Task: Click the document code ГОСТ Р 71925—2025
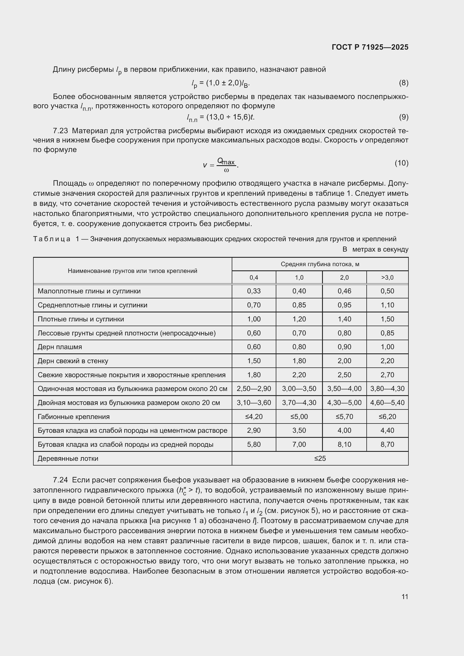tap(370, 47)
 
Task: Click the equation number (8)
tap(403, 83)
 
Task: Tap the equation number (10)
tap(401, 163)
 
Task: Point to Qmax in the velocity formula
tap(226, 162)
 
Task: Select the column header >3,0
tap(387, 277)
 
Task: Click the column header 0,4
tap(254, 277)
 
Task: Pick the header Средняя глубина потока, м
tap(320, 264)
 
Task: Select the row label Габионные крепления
tap(73, 416)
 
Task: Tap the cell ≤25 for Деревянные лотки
tap(320, 459)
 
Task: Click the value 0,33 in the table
tap(254, 291)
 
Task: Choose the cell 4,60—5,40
tap(387, 402)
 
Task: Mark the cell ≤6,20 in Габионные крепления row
tap(387, 416)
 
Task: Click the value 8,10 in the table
tap(344, 445)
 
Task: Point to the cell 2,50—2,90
tap(254, 388)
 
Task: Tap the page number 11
tap(405, 597)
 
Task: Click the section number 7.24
tap(60, 480)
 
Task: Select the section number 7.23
tap(60, 131)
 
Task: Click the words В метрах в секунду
tap(375, 249)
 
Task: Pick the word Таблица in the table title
tap(52, 239)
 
